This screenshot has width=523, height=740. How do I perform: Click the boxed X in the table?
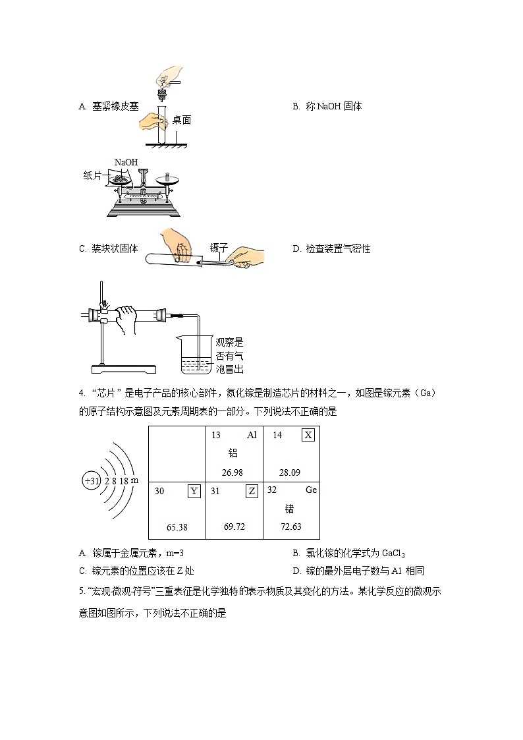coord(308,435)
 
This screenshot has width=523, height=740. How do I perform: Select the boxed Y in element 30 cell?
coord(194,491)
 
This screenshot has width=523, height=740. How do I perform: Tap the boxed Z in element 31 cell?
coord(251,491)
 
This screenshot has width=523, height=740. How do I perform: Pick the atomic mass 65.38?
coord(177,527)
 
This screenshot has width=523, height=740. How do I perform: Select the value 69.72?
coord(234,527)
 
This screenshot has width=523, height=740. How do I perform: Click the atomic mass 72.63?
coord(290,527)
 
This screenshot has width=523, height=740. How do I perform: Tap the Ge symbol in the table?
coord(311,490)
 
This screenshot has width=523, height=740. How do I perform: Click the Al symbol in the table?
coord(252,435)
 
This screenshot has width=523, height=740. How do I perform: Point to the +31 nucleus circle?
coord(91,481)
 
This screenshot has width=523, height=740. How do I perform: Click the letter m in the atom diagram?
coord(134,480)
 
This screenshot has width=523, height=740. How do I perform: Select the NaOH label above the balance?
coord(126,162)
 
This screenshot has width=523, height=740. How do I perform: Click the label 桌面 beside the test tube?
coord(182,120)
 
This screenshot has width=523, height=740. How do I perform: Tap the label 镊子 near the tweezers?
coord(218,248)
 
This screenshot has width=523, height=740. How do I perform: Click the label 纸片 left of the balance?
coord(93,175)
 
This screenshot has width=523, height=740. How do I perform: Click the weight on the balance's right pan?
coord(166,177)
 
